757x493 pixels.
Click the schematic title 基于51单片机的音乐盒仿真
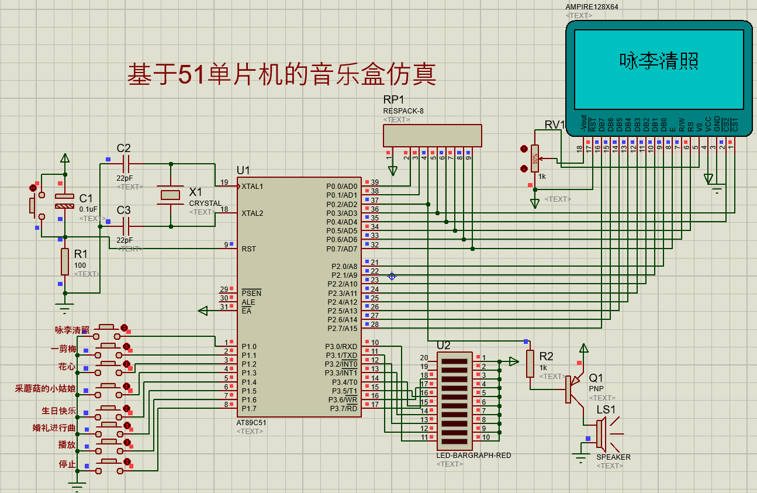[281, 74]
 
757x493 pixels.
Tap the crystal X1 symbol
[171, 195]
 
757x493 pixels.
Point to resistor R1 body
[65, 261]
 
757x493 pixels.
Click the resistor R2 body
[530, 363]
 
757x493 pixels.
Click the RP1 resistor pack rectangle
[433, 135]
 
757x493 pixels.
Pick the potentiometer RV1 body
[535, 158]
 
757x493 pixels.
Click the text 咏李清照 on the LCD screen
[659, 61]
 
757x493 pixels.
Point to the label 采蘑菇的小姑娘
[45, 388]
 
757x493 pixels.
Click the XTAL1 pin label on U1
[253, 186]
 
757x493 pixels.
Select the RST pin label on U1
[248, 249]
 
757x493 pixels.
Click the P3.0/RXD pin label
[341, 346]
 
